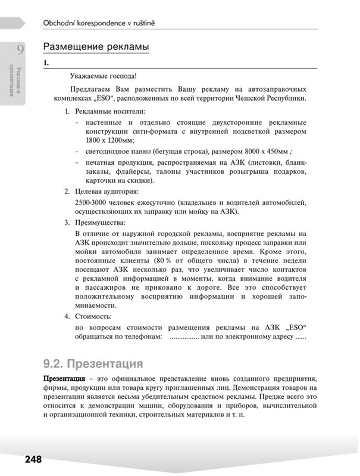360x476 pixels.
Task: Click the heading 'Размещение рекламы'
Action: coord(95,46)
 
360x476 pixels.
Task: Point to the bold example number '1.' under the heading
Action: coord(47,62)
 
